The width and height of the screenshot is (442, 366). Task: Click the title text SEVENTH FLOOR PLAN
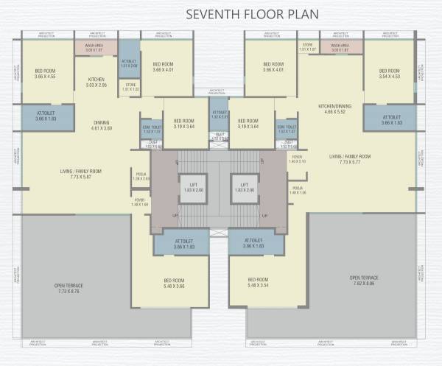click(x=221, y=13)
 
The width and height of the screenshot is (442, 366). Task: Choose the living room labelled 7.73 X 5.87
click(x=81, y=175)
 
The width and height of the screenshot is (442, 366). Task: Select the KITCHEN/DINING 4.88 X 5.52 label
click(x=334, y=110)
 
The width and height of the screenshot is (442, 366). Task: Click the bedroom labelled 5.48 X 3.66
click(x=174, y=283)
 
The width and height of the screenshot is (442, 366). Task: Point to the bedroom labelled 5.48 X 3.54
click(x=258, y=283)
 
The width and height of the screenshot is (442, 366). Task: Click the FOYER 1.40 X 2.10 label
click(x=297, y=159)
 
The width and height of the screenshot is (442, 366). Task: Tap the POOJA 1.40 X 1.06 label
click(x=298, y=191)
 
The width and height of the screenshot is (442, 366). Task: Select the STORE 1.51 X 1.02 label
click(x=130, y=88)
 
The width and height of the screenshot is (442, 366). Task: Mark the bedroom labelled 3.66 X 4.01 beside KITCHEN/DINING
click(x=273, y=68)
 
